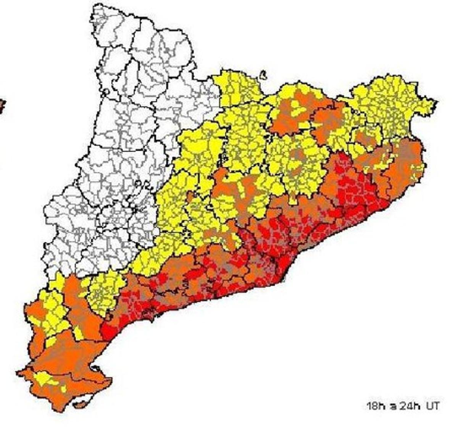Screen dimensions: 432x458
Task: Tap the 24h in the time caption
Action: pos(410,406)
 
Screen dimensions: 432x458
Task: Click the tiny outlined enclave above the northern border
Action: pos(263,75)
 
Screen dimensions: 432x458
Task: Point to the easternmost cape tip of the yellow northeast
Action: pos(435,102)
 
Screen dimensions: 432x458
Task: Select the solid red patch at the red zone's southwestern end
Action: pos(109,332)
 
